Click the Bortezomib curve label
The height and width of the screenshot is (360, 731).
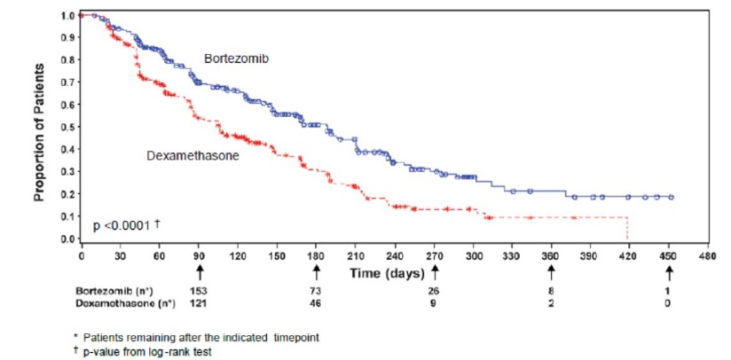[236, 59]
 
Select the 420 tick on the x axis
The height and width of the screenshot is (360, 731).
[627, 255]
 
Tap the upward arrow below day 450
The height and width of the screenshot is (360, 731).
[670, 271]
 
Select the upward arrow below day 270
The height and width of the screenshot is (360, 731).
[435, 271]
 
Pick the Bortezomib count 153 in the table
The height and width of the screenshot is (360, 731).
[199, 291]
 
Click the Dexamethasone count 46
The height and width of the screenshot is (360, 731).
[317, 303]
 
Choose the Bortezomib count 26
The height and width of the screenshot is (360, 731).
[435, 291]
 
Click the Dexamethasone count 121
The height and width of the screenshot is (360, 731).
[199, 303]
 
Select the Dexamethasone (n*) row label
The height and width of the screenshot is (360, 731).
[123, 303]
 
